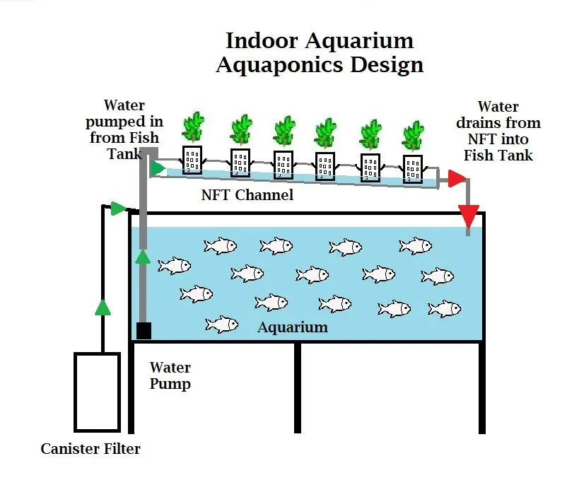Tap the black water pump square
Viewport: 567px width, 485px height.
(144, 330)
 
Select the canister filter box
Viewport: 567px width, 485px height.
(97, 392)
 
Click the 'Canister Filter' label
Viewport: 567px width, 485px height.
(90, 449)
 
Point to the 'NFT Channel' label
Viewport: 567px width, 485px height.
(247, 194)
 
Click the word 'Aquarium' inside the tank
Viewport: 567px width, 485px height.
(293, 327)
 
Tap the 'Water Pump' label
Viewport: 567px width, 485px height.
(170, 376)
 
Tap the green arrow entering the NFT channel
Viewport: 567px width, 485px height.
(158, 168)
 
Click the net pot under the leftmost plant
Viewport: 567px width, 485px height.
(192, 160)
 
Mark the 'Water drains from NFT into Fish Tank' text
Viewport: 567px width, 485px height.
(498, 131)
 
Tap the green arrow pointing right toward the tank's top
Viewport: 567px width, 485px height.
(118, 208)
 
